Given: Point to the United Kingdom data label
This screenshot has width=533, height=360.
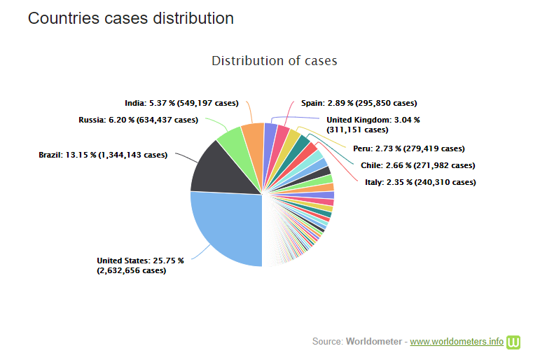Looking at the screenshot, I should [x=373, y=125].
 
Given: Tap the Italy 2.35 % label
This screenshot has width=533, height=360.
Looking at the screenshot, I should [x=420, y=182].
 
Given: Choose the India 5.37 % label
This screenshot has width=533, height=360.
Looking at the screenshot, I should [x=181, y=103].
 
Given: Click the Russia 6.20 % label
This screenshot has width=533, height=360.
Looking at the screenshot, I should [x=138, y=120].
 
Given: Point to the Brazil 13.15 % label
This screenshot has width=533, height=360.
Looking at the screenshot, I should [x=103, y=154].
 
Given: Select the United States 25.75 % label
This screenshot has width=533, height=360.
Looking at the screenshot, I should [x=139, y=265].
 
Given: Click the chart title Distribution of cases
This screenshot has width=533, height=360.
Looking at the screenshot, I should [x=275, y=61].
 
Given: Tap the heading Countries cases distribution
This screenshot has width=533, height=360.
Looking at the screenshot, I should [x=130, y=18].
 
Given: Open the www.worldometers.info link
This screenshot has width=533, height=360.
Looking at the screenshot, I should [x=456, y=342].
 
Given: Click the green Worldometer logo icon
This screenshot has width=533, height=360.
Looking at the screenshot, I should [x=515, y=341].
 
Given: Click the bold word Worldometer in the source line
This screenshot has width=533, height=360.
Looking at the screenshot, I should [x=374, y=342].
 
